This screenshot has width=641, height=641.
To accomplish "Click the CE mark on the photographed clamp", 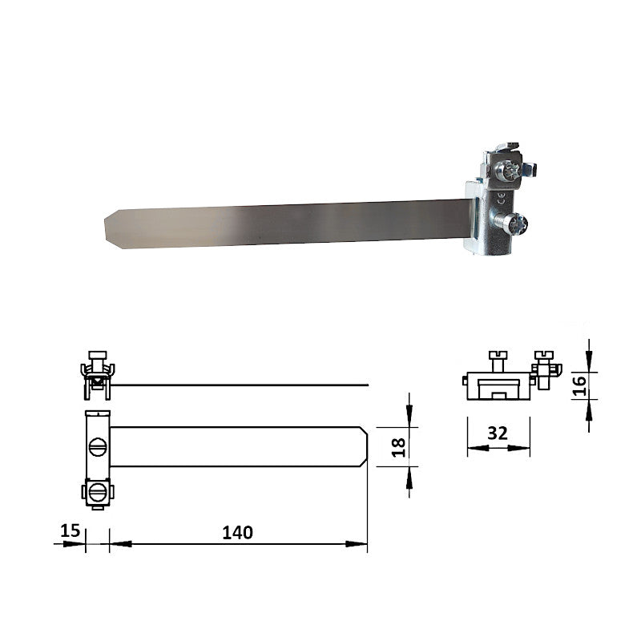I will (502, 196).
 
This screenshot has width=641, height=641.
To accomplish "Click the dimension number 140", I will (237, 532).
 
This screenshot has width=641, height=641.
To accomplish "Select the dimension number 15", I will (70, 530).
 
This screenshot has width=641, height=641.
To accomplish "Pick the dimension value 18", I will (397, 446).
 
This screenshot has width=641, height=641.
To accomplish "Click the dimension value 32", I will (498, 433).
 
